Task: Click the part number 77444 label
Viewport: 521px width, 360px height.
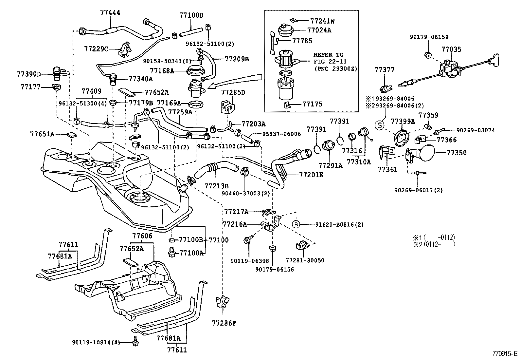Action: pyautogui.click(x=110, y=13)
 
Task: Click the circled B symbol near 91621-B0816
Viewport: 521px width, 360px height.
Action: pyautogui.click(x=296, y=224)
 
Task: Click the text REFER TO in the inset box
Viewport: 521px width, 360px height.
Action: pyautogui.click(x=328, y=55)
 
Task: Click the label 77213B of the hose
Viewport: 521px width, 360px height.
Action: pyautogui.click(x=216, y=186)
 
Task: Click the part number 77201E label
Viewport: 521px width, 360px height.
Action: pyautogui.click(x=311, y=175)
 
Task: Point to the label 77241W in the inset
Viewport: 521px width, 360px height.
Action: pyautogui.click(x=322, y=21)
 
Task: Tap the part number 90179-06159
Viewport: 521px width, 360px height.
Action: pyautogui.click(x=429, y=37)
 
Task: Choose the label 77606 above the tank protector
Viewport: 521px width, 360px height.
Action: pyautogui.click(x=142, y=236)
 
